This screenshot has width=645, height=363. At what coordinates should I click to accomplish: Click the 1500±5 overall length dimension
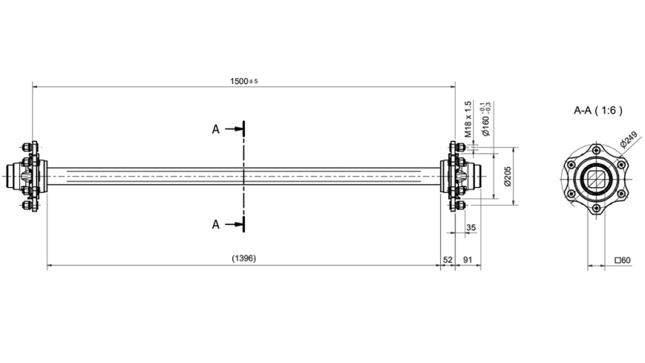(x=243, y=81)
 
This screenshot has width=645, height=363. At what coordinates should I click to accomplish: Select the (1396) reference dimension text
(x=243, y=259)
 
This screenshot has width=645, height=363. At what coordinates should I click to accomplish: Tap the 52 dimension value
(x=448, y=259)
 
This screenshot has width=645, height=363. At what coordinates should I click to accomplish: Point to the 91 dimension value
(x=468, y=259)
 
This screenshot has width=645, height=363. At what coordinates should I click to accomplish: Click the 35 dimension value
(x=471, y=228)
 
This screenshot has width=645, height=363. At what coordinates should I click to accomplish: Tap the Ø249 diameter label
(x=630, y=139)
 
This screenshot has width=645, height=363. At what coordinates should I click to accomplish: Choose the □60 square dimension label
(x=622, y=260)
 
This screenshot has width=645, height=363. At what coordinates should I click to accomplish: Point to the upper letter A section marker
(x=215, y=129)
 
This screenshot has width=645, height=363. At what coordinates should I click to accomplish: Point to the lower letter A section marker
(x=215, y=224)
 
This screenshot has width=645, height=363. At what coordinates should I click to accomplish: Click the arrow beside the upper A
(x=234, y=129)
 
